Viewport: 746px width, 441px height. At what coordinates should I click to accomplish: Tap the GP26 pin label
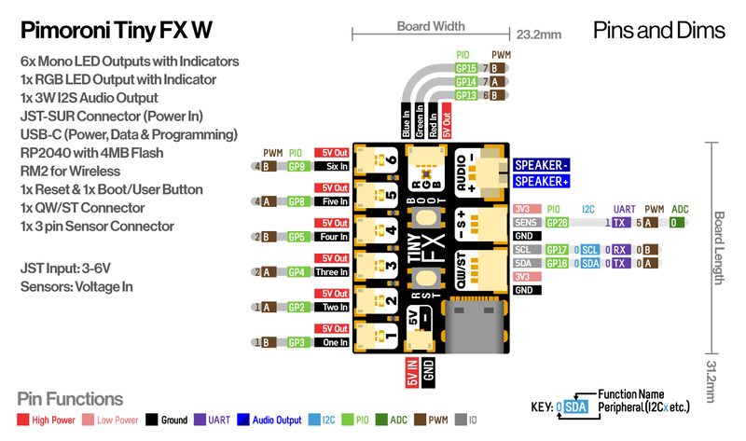[557, 222]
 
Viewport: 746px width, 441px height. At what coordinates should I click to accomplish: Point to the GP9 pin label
[297, 166]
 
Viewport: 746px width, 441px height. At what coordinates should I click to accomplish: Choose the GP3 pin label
[297, 342]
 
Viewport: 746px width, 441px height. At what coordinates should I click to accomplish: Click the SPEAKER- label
[541, 164]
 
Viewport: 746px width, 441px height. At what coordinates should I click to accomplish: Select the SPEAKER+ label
[541, 181]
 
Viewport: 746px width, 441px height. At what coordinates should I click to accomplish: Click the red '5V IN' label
[411, 373]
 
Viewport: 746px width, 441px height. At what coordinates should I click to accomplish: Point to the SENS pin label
[526, 222]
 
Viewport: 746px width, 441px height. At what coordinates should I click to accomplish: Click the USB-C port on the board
[477, 323]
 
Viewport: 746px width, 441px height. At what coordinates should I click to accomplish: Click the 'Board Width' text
[431, 26]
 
